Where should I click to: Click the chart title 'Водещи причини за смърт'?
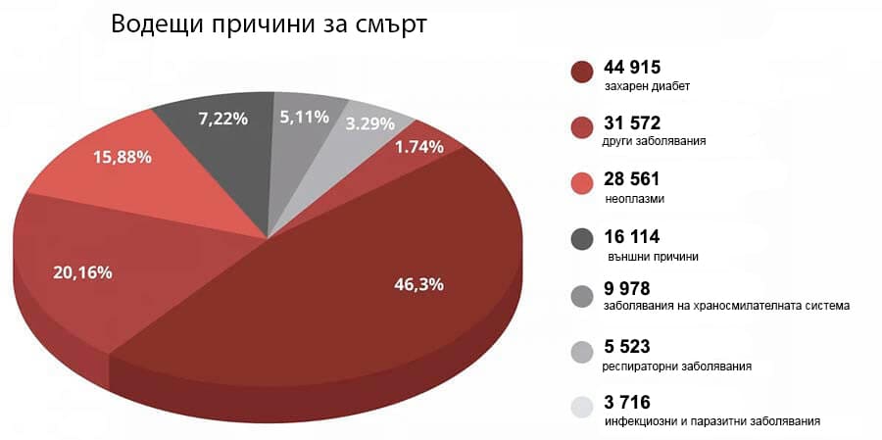click(x=269, y=24)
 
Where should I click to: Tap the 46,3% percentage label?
click(x=418, y=285)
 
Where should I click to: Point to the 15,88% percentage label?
click(x=123, y=157)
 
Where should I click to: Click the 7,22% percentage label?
click(x=222, y=119)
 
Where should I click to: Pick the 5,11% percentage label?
click(x=304, y=118)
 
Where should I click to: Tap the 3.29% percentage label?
click(x=370, y=124)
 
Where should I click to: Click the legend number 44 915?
click(x=633, y=68)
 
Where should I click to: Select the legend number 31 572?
click(x=633, y=123)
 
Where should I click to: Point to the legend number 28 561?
click(x=633, y=179)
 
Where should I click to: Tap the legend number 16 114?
click(x=632, y=236)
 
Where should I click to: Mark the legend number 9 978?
click(x=627, y=288)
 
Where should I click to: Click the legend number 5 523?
click(x=627, y=347)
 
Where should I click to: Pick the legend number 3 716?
click(x=627, y=402)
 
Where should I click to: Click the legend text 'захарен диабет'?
click(x=648, y=86)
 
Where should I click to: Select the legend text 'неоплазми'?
click(x=635, y=199)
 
